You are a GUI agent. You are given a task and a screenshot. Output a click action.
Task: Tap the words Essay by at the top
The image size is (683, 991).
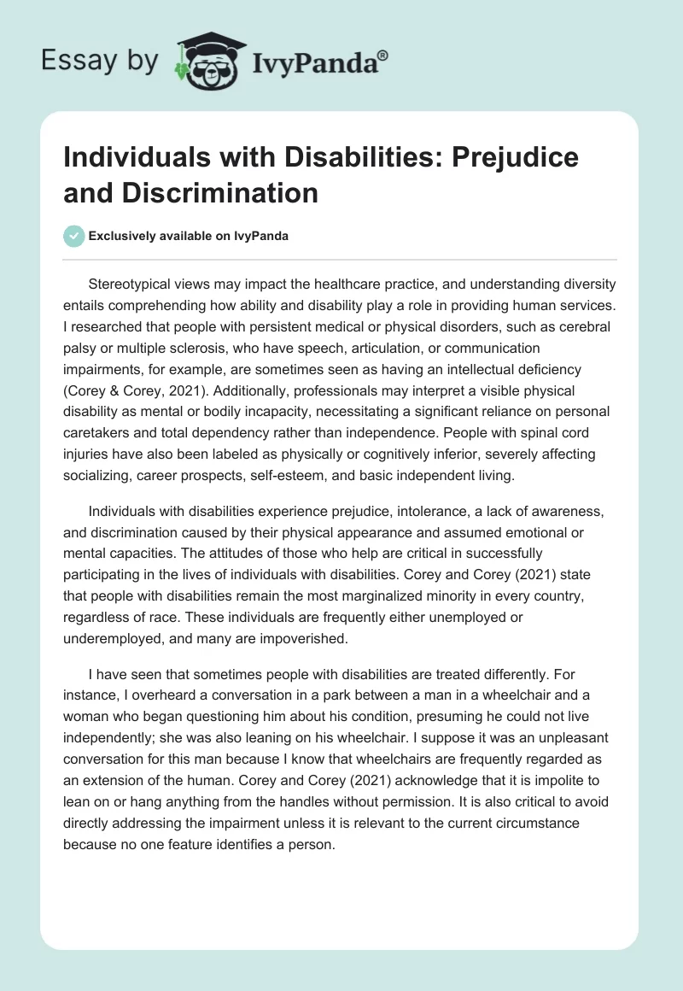pos(100,62)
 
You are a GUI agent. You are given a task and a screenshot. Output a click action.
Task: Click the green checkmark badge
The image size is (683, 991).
pos(74,236)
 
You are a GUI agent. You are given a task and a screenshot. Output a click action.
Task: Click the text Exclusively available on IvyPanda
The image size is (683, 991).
pos(190,236)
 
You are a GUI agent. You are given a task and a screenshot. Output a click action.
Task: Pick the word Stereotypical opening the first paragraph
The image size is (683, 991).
pos(138,284)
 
